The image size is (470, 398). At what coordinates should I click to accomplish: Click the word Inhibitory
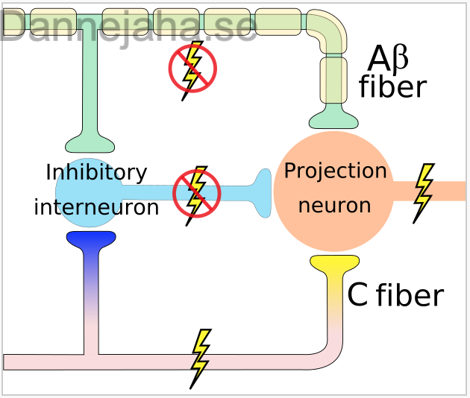point(96,173)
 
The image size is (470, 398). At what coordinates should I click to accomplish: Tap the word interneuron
point(96,207)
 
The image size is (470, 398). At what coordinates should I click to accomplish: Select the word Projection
point(336,171)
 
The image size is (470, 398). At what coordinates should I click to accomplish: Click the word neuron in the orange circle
point(335,206)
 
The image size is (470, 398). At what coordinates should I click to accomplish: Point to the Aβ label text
point(388,59)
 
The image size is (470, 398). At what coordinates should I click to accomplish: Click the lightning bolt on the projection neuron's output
point(424,194)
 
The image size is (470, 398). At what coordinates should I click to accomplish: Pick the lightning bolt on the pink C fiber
point(201,359)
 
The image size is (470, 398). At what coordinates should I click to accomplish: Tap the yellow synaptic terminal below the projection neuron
point(334,262)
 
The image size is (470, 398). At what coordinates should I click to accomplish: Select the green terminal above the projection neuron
point(333,117)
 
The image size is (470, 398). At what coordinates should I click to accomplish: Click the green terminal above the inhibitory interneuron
point(90,143)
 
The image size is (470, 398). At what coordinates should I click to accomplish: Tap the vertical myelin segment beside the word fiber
point(333,80)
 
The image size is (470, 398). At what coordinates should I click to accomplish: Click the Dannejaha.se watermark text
point(128,26)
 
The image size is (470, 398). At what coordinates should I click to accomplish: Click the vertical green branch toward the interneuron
point(90,80)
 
